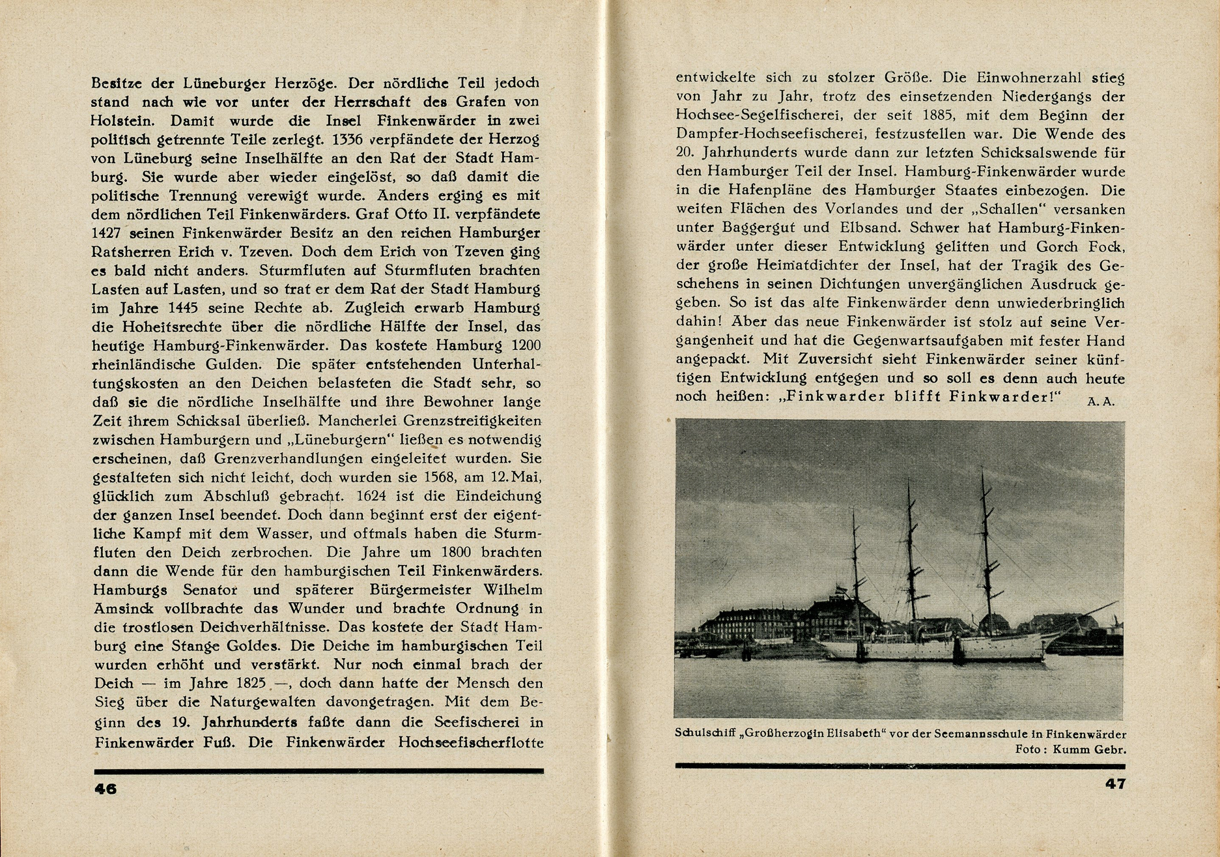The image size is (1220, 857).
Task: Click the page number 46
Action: [x=105, y=789]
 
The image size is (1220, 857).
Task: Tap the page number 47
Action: [x=1115, y=784]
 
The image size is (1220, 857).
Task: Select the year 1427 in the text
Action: [x=107, y=233]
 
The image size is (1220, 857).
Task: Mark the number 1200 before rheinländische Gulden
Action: [x=523, y=345]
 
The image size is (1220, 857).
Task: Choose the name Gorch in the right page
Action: [x=1054, y=247]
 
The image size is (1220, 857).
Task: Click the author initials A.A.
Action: [x=1101, y=402]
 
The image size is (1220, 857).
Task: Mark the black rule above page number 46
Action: [x=319, y=771]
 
